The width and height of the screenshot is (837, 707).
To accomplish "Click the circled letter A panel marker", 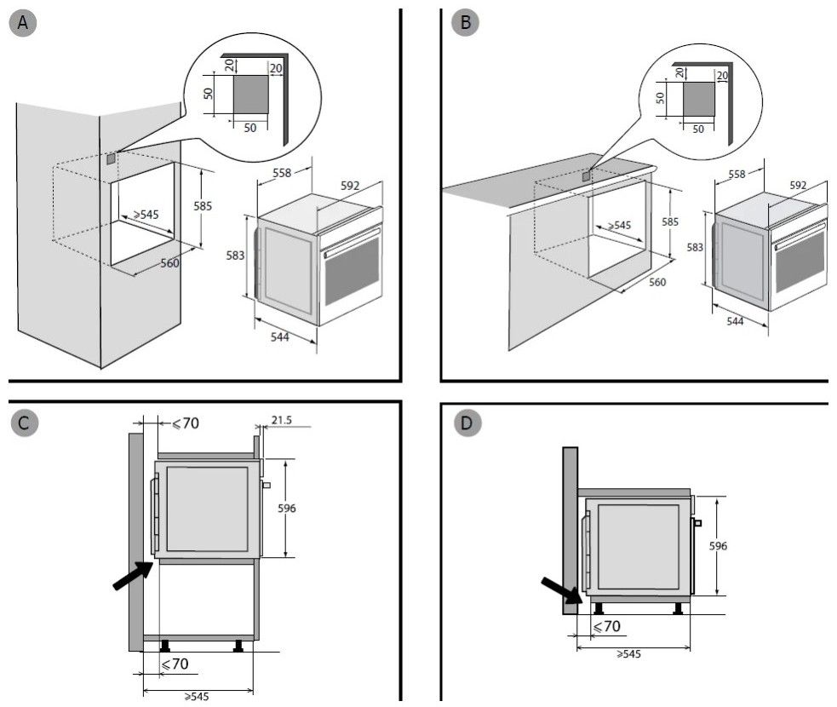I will tap(24, 23).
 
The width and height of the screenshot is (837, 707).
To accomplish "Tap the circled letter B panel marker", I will tap(465, 23).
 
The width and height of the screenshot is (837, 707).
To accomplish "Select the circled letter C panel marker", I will tap(24, 422).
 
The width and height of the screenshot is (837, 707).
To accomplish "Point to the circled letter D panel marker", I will tap(465, 422).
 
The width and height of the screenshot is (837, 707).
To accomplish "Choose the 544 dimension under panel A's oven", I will tap(279, 337).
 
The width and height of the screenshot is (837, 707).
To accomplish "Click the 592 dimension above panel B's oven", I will tap(798, 185).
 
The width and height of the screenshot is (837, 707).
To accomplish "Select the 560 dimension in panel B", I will tap(656, 282).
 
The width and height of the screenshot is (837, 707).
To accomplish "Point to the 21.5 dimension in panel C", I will tap(283, 420).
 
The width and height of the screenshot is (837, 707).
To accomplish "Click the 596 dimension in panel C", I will tap(287, 508).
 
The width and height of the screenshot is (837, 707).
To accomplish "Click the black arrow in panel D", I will tap(562, 589).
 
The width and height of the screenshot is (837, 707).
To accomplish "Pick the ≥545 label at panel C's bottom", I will tap(198, 696).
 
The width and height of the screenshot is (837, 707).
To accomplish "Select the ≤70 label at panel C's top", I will tap(186, 422).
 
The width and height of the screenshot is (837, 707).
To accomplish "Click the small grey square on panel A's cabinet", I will tap(111, 158).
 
